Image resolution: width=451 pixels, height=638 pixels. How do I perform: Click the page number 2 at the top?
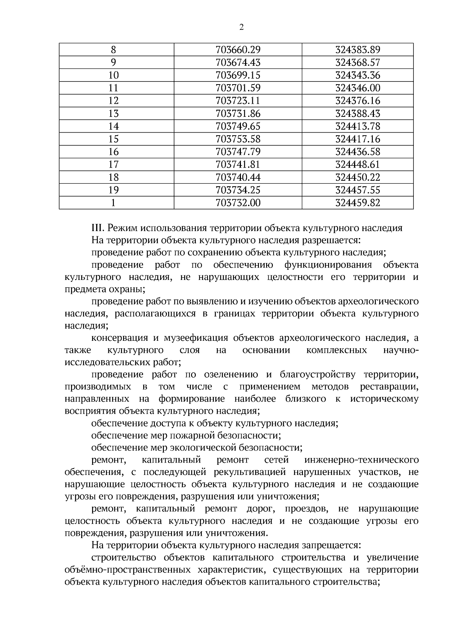(x=241, y=27)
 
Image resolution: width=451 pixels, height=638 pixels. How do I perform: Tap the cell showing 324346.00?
(x=357, y=88)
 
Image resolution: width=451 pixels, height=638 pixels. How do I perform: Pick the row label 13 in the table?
(x=113, y=114)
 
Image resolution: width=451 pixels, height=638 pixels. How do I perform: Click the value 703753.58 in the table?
(x=238, y=139)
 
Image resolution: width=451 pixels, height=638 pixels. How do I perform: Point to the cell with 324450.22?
(x=357, y=178)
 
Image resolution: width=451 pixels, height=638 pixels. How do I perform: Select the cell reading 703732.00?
(x=238, y=203)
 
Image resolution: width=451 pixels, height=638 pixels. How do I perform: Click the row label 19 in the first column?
(x=113, y=190)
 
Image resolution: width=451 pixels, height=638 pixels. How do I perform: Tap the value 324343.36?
(x=357, y=76)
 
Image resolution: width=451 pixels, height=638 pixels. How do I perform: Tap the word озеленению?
(x=231, y=375)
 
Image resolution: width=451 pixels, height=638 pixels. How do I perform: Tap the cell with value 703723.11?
(x=238, y=101)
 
